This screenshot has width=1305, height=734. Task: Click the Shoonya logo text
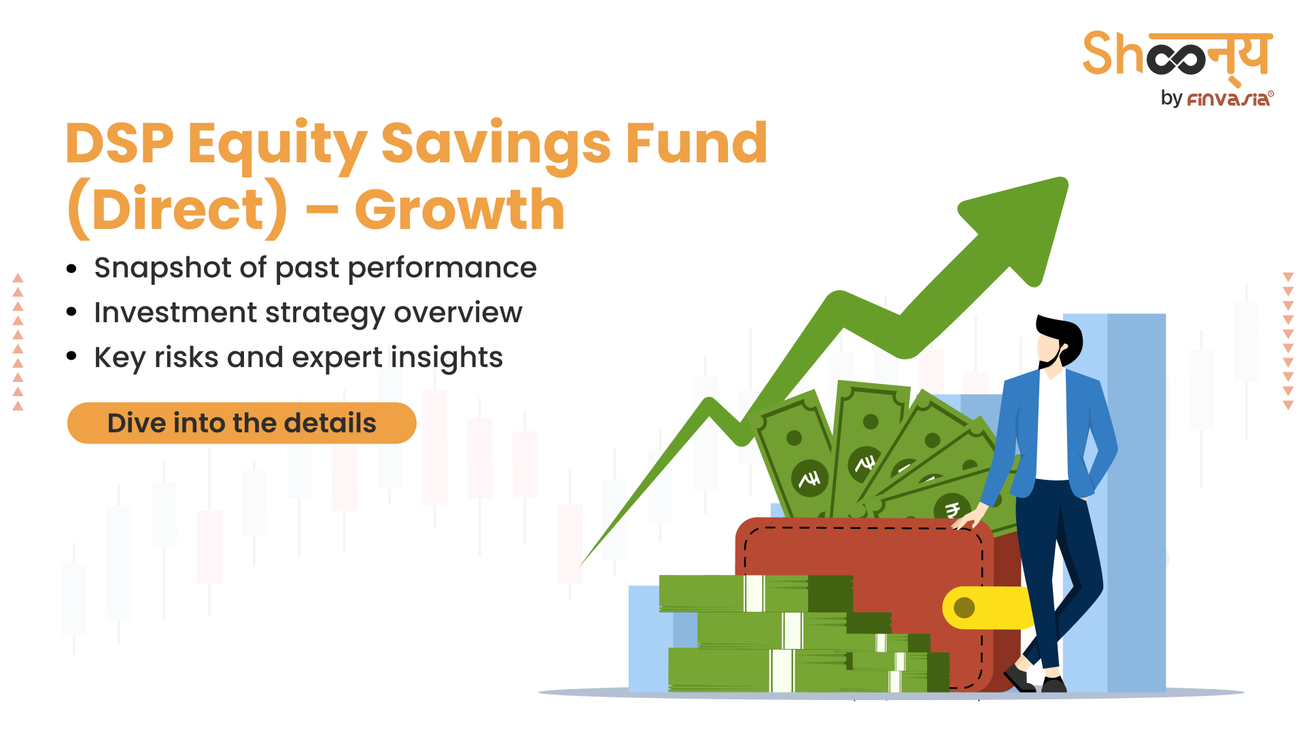pos(1177,54)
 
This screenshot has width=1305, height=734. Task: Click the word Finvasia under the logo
pos(1229,99)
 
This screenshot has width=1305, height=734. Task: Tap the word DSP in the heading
pos(120,143)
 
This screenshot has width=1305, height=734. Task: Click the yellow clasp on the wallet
pos(979,608)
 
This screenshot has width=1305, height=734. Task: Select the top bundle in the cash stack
pos(754,593)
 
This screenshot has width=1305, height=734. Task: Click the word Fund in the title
pos(696,143)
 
